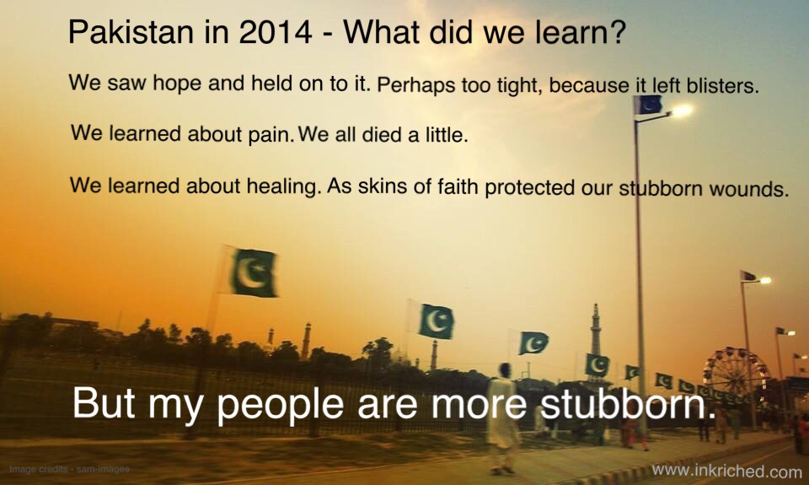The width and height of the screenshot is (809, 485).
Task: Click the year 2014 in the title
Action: click(x=276, y=31)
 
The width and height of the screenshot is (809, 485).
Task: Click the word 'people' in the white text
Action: click(x=280, y=404)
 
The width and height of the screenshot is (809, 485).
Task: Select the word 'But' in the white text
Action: click(x=104, y=401)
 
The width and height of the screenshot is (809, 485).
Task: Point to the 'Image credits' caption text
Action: click(x=69, y=469)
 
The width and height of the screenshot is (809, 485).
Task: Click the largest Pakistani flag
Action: click(x=252, y=272)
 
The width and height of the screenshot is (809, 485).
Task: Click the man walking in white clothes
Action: click(x=501, y=418)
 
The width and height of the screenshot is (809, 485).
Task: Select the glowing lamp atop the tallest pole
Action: click(x=681, y=110)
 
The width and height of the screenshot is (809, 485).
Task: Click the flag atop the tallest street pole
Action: click(x=648, y=105)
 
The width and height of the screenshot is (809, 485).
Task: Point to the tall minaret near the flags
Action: click(x=596, y=331)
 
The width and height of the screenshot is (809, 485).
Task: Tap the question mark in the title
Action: click(x=617, y=31)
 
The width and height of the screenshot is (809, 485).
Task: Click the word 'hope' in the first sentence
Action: click(x=176, y=84)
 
